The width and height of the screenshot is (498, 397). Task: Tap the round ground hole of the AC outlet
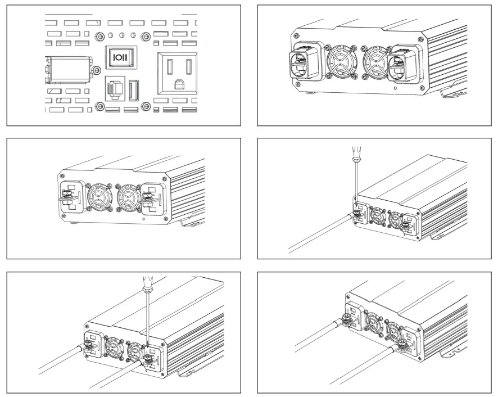pos(177,84)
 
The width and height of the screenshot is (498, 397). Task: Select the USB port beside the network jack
pos(133,90)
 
